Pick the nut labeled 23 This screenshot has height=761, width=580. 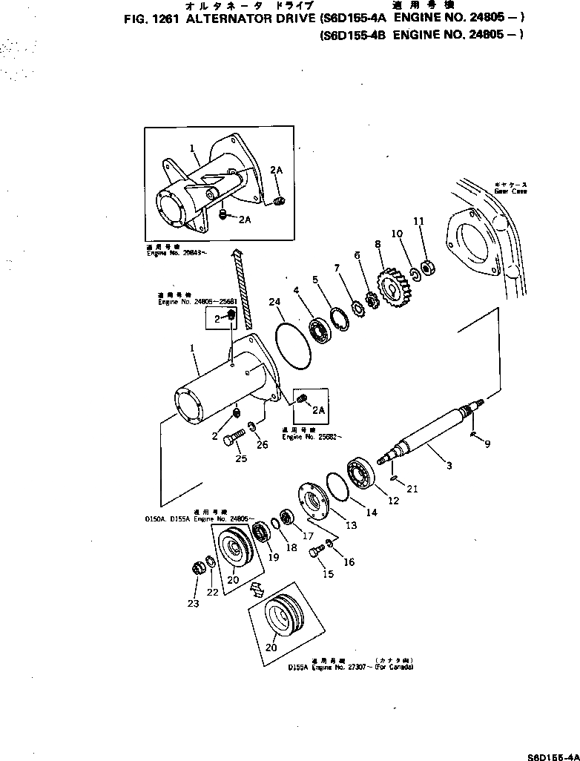(x=198, y=569)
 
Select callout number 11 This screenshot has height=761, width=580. (x=418, y=221)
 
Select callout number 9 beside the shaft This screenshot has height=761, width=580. (x=487, y=444)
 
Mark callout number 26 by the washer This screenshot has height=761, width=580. (x=261, y=445)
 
